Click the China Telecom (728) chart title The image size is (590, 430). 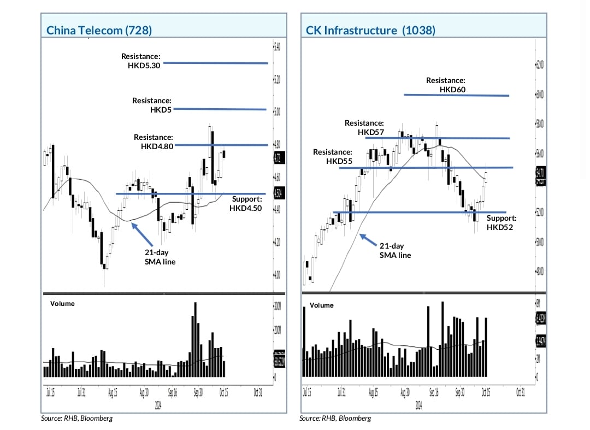[x=99, y=31]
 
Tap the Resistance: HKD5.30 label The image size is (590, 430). [x=141, y=61]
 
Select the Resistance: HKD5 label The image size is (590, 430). [x=152, y=105]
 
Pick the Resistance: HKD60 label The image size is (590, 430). [x=446, y=85]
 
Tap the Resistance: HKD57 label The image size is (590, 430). [x=364, y=128]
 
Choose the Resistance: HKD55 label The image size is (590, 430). [x=332, y=157]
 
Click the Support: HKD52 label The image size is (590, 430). [x=501, y=222]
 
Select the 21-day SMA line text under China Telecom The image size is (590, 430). [x=156, y=257]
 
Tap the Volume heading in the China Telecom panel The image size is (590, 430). [x=62, y=303]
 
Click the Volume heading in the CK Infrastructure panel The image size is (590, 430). [x=321, y=305]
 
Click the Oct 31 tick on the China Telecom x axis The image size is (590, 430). [x=257, y=392]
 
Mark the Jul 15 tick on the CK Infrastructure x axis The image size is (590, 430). [x=307, y=392]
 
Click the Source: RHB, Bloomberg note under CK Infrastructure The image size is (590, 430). [x=335, y=418]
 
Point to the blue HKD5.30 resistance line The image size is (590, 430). [x=216, y=63]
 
